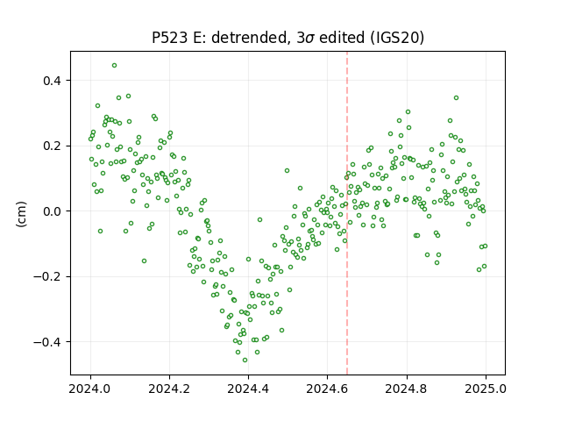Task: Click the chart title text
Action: click(288, 38)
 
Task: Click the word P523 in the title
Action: click(169, 38)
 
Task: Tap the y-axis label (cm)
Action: click(21, 214)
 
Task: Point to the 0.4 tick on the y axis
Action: click(53, 81)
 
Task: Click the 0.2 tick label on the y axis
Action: click(53, 146)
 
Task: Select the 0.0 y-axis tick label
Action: click(53, 211)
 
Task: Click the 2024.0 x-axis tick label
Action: click(90, 389)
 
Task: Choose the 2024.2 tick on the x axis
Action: click(169, 389)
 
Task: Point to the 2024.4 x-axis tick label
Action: click(248, 389)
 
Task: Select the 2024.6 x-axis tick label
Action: click(327, 389)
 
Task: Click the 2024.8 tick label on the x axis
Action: click(406, 389)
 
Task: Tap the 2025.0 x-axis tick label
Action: click(486, 389)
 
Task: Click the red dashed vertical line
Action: click(347, 213)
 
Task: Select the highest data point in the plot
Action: click(115, 66)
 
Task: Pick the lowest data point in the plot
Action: click(245, 360)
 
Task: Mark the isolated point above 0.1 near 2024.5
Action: click(287, 171)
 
